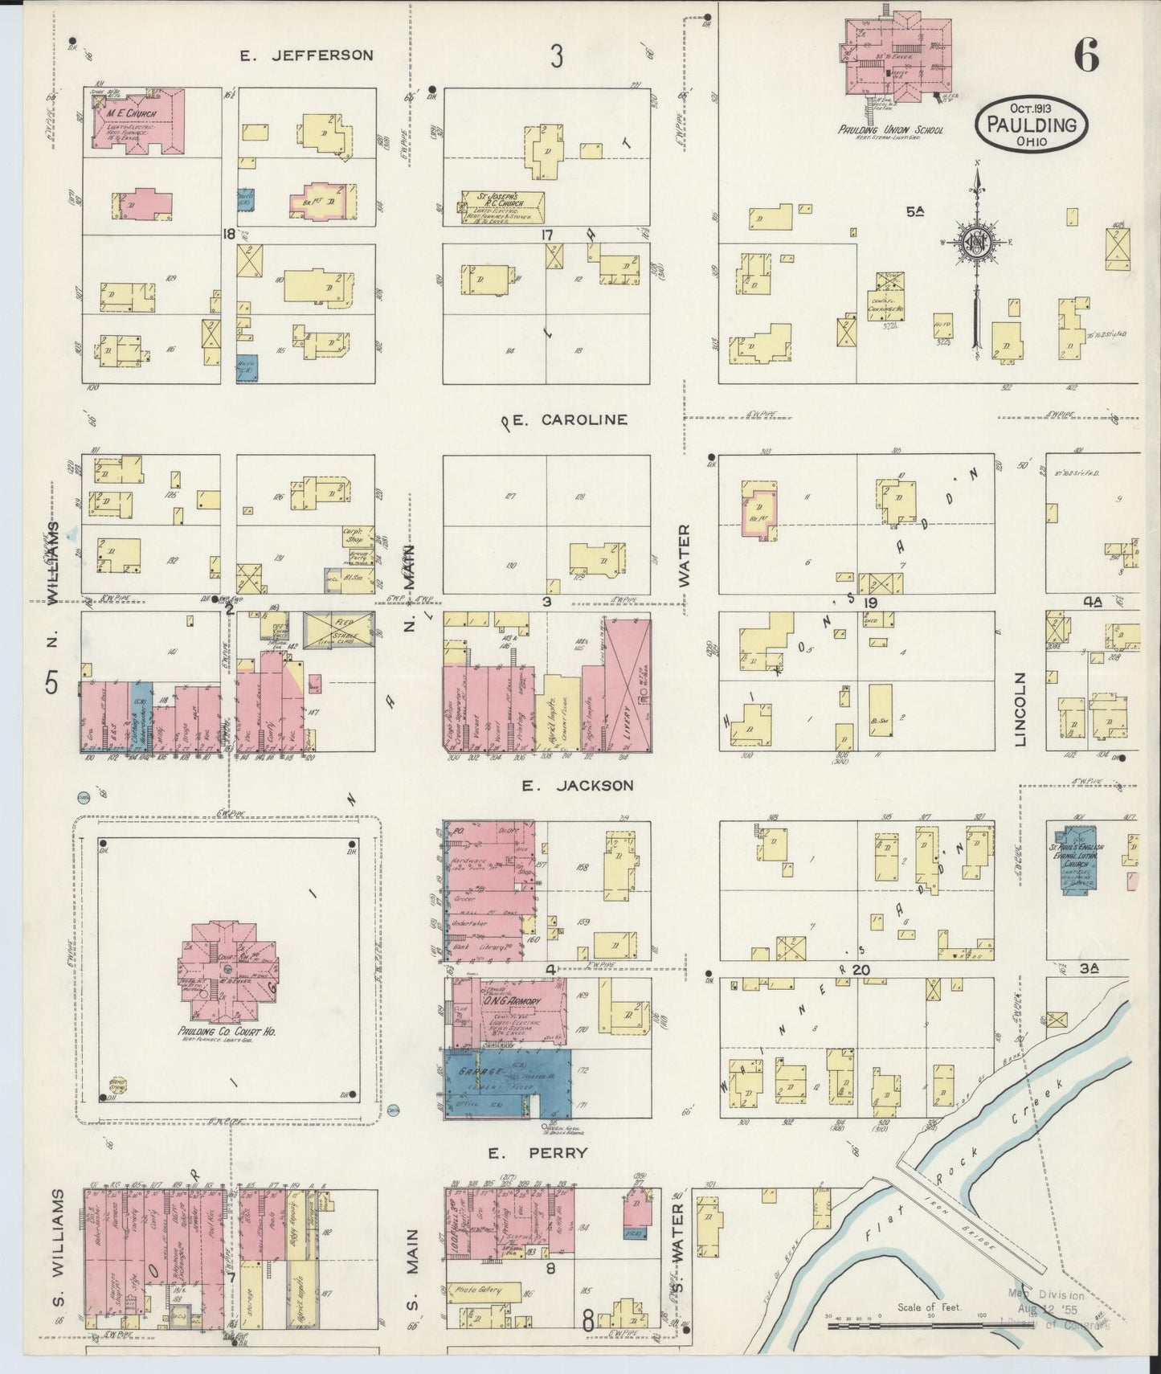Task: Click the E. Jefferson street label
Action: pyautogui.click(x=307, y=55)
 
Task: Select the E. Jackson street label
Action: pyautogui.click(x=577, y=785)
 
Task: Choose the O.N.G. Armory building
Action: pyautogui.click(x=506, y=1011)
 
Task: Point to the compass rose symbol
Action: pyautogui.click(x=977, y=243)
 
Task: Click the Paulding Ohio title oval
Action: pyautogui.click(x=1032, y=125)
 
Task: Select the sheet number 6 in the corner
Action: pyautogui.click(x=1086, y=55)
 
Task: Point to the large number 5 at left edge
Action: pyautogui.click(x=51, y=682)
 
